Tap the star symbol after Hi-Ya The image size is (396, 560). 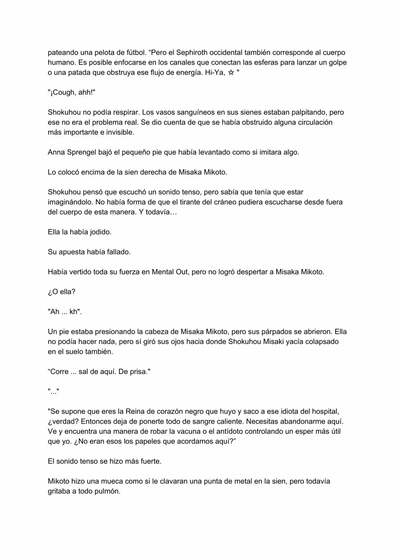coord(231,73)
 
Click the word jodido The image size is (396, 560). coord(100,232)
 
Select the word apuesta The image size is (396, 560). coord(71,252)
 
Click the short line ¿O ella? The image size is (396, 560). coord(62,292)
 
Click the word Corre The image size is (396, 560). coord(59,372)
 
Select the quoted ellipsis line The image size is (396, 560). coord(54,392)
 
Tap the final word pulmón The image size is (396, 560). coord(107,491)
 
